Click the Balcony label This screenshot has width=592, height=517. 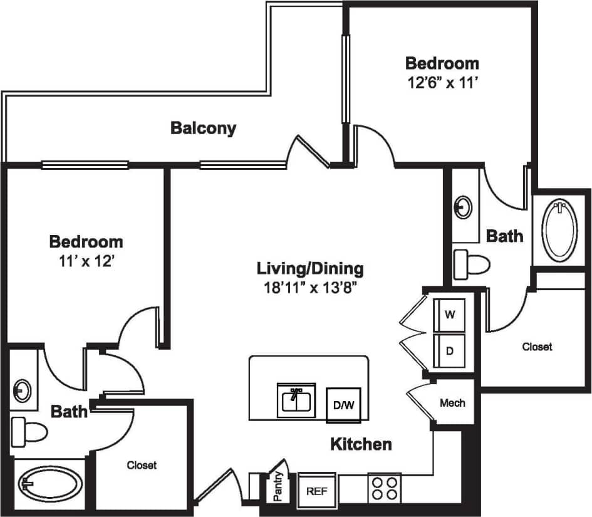click(x=204, y=128)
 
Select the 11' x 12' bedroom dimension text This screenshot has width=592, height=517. click(x=86, y=259)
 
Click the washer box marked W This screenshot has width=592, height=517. click(x=449, y=315)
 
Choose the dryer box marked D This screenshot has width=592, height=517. click(x=449, y=351)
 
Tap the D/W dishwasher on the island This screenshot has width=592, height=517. click(x=343, y=405)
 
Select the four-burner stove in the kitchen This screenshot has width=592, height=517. click(x=384, y=488)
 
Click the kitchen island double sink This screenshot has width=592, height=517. click(x=296, y=400)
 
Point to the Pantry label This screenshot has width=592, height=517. click(x=278, y=488)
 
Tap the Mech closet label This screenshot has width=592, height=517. click(x=452, y=403)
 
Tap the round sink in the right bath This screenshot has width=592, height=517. click(x=464, y=206)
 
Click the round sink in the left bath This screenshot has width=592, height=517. click(x=22, y=390)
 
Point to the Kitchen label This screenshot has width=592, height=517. click(x=361, y=444)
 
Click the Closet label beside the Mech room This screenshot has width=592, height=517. click(x=537, y=346)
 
